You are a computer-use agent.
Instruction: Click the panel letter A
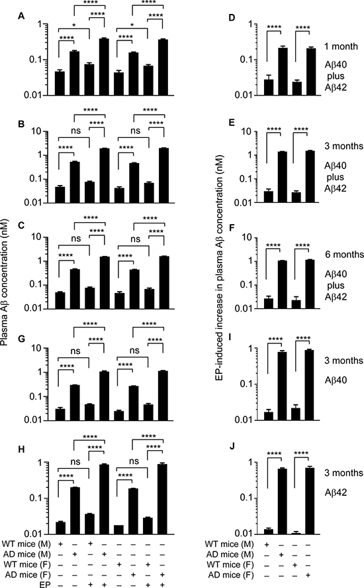(x=22, y=16)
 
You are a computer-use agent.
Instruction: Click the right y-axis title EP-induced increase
(x=220, y=267)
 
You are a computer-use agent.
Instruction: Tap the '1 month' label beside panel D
(x=341, y=46)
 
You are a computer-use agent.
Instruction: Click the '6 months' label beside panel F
(x=344, y=255)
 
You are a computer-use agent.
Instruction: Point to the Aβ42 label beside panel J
(x=336, y=493)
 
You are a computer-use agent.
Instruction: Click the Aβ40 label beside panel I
(x=336, y=380)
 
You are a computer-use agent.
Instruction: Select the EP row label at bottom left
(x=45, y=585)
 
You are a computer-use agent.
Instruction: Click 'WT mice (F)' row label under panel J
(x=229, y=565)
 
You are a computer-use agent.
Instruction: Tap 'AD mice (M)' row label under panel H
(x=26, y=554)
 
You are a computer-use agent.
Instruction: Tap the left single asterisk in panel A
(x=74, y=25)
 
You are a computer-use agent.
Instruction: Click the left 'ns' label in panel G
(x=75, y=351)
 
